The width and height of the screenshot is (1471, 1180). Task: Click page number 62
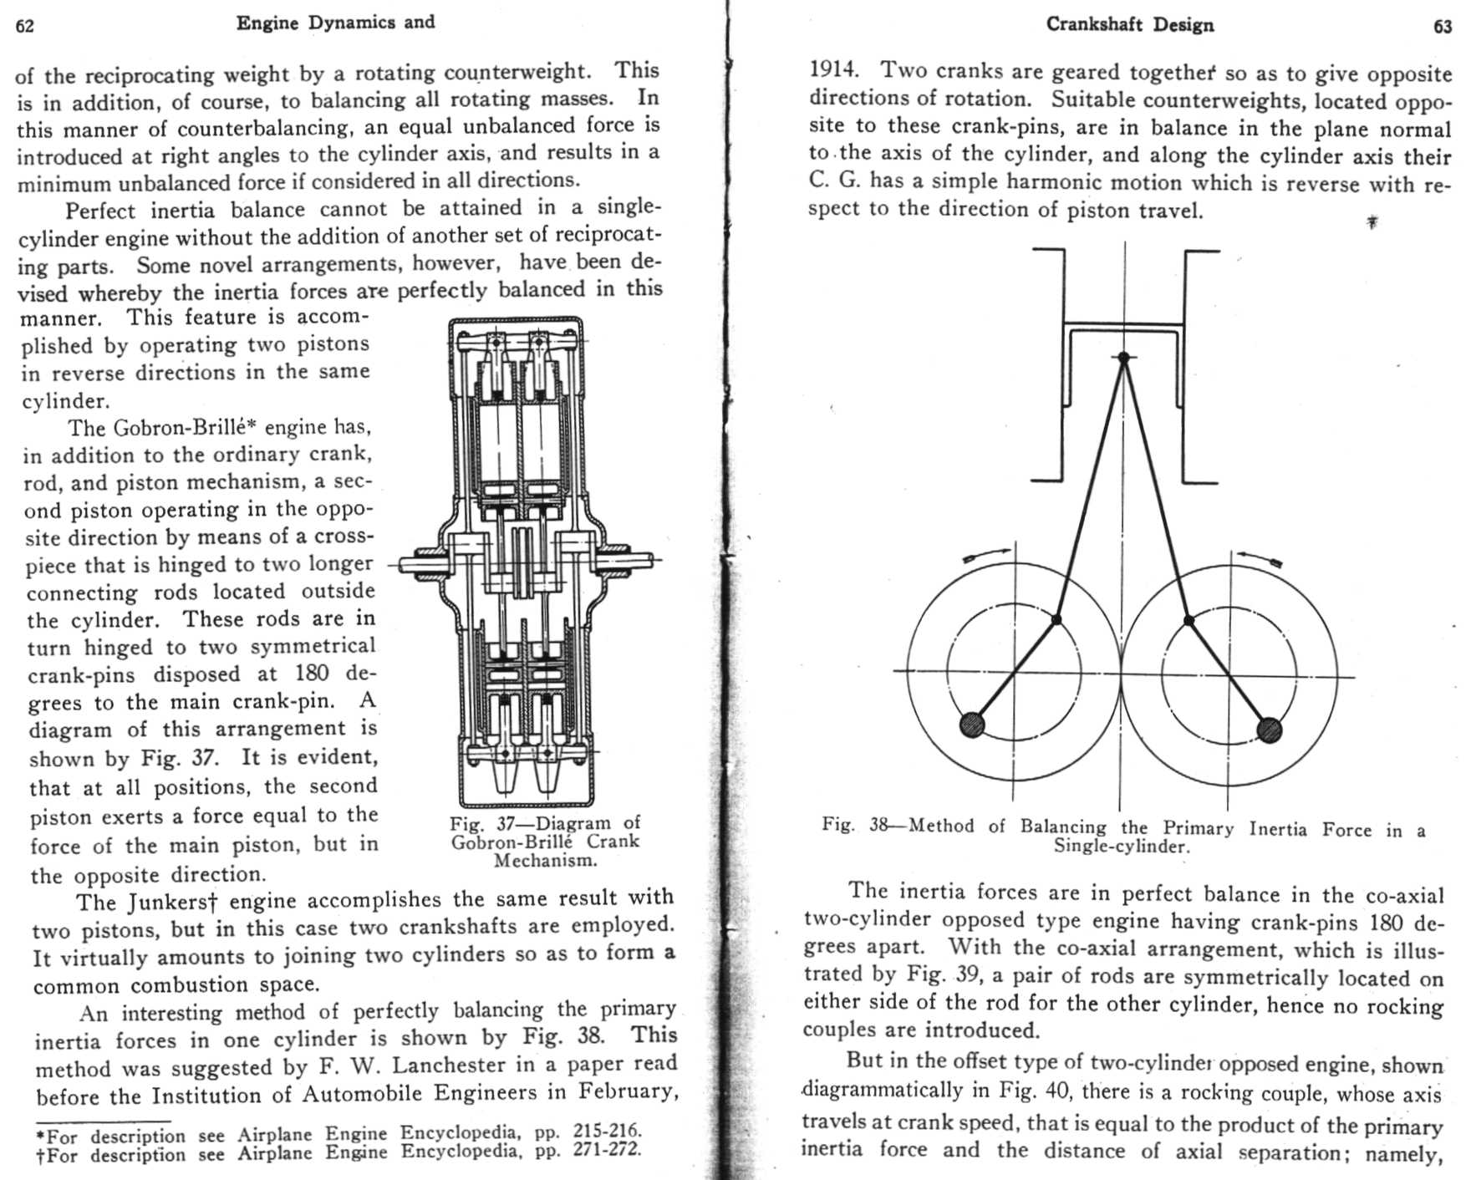(x=25, y=26)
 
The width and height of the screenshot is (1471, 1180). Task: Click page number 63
(x=1443, y=27)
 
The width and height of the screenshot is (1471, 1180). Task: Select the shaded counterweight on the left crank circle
(x=971, y=725)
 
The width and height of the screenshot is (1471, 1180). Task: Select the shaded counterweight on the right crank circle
(x=1269, y=730)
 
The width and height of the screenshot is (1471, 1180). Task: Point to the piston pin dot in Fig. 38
(x=1124, y=358)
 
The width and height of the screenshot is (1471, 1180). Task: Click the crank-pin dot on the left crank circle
(x=1056, y=619)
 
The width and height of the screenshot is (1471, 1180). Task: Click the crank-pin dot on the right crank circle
(x=1189, y=620)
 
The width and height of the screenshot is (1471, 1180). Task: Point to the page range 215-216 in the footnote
(x=608, y=1131)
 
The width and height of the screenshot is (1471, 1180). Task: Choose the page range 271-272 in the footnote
(x=608, y=1150)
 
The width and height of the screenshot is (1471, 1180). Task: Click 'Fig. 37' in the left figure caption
(x=473, y=824)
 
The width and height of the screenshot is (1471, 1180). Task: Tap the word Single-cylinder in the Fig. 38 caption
(x=1120, y=846)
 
